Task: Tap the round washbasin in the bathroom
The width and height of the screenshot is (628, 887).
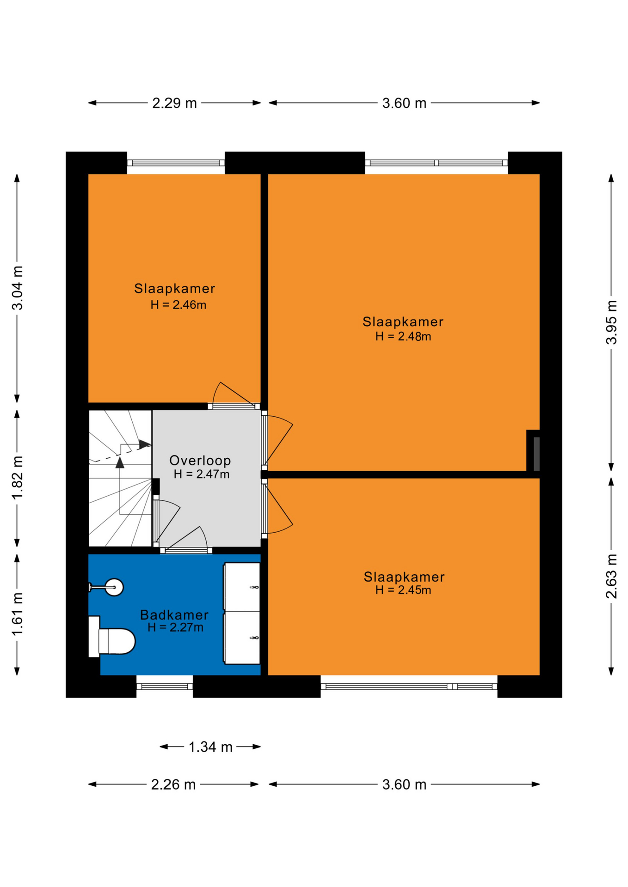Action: click(113, 587)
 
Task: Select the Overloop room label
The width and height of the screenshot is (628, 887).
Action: click(200, 460)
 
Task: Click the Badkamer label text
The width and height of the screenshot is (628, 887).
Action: click(174, 614)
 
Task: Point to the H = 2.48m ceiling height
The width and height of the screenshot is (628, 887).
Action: click(403, 336)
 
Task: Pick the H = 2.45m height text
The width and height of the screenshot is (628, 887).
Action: click(403, 590)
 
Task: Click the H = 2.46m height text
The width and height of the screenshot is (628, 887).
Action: click(179, 305)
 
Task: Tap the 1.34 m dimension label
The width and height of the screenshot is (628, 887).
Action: click(210, 747)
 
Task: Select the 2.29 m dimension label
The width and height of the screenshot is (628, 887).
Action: click(175, 103)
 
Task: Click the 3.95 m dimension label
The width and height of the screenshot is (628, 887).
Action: click(611, 322)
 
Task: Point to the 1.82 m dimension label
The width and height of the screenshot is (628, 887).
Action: click(17, 478)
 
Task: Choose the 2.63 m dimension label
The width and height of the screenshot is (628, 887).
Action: click(611, 576)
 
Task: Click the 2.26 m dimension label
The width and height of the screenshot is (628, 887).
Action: click(173, 784)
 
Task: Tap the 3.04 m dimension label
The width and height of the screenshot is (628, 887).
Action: click(17, 288)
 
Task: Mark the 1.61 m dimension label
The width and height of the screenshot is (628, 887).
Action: click(17, 614)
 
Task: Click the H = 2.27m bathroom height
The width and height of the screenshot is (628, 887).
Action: click(175, 627)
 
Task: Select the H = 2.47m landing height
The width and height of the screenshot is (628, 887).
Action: click(202, 474)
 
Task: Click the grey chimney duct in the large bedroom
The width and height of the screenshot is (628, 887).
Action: click(536, 454)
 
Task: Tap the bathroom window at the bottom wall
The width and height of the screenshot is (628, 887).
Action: click(165, 687)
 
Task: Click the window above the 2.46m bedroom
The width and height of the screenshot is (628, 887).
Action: click(176, 163)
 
